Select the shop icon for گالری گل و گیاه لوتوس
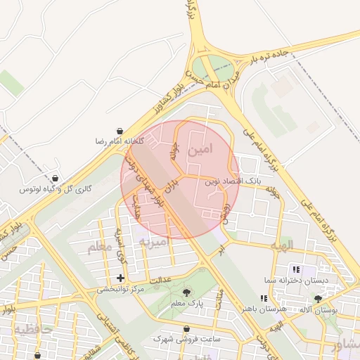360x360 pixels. [55, 178]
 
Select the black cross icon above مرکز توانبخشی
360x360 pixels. [121, 278]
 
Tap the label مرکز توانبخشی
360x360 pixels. [120, 289]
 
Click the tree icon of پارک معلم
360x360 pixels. [186, 292]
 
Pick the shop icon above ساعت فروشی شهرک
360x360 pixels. [186, 328]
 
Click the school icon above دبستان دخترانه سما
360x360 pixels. [295, 269]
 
